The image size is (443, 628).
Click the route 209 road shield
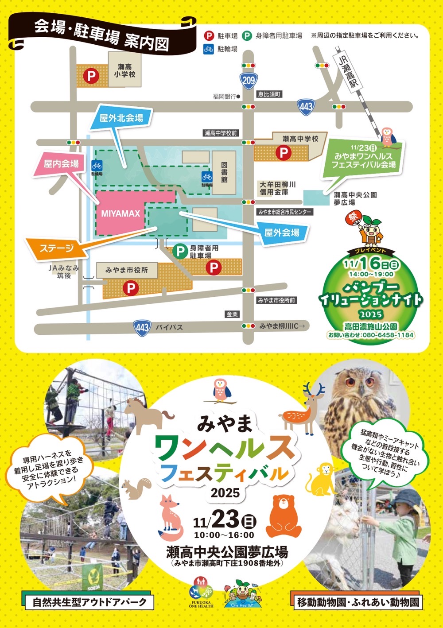tap(249, 80)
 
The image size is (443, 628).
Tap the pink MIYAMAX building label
tap(120, 213)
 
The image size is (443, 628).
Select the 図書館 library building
tap(224, 173)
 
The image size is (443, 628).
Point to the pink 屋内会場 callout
tap(61, 164)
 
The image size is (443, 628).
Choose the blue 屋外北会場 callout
tap(121, 118)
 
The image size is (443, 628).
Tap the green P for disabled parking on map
tap(180, 252)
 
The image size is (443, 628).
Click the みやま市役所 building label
tap(127, 270)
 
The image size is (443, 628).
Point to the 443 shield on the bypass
tap(142, 328)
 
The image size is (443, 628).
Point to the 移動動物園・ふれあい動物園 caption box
tap(358, 602)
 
